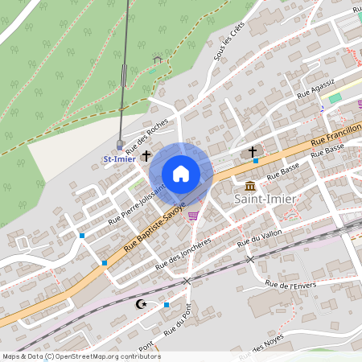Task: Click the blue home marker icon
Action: point(181,173)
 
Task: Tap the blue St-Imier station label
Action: point(118,159)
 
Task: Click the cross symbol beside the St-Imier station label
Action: point(146,155)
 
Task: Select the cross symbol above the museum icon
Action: point(252,150)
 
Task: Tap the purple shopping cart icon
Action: point(193,215)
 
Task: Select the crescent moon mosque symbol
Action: point(142,304)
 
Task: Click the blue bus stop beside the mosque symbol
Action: point(166,305)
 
